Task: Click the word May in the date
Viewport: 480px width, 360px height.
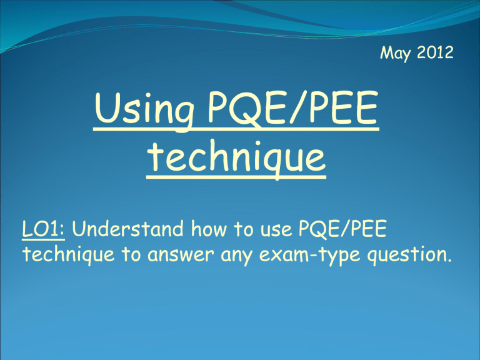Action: click(x=395, y=53)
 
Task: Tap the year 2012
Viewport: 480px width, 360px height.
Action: click(x=435, y=52)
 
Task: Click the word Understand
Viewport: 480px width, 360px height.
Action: click(x=128, y=229)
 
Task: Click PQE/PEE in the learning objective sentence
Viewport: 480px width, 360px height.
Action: click(x=342, y=229)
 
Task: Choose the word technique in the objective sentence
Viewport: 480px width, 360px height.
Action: click(x=69, y=255)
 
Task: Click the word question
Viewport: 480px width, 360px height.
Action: click(x=406, y=256)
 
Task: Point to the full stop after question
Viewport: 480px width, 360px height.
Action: click(x=449, y=261)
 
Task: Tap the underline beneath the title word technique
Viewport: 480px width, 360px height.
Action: click(x=236, y=177)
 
